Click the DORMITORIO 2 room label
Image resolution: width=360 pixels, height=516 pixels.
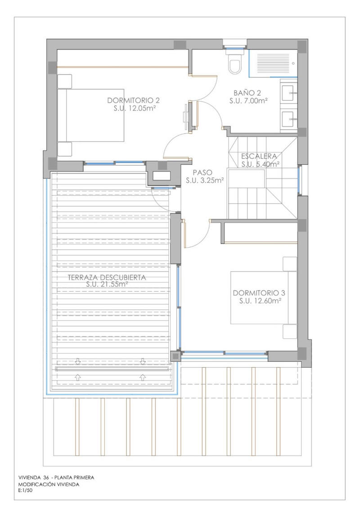pyautogui.click(x=134, y=100)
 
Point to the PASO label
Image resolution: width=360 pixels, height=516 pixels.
pyautogui.click(x=204, y=172)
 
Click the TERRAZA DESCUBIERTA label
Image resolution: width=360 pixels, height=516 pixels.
pyautogui.click(x=107, y=277)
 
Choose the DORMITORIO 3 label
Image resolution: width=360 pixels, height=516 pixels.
pyautogui.click(x=259, y=293)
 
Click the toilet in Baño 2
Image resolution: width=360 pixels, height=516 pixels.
pyautogui.click(x=235, y=64)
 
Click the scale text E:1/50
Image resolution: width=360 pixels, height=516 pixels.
pyautogui.click(x=26, y=491)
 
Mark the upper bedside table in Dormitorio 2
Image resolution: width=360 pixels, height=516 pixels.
pyautogui.click(x=64, y=81)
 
